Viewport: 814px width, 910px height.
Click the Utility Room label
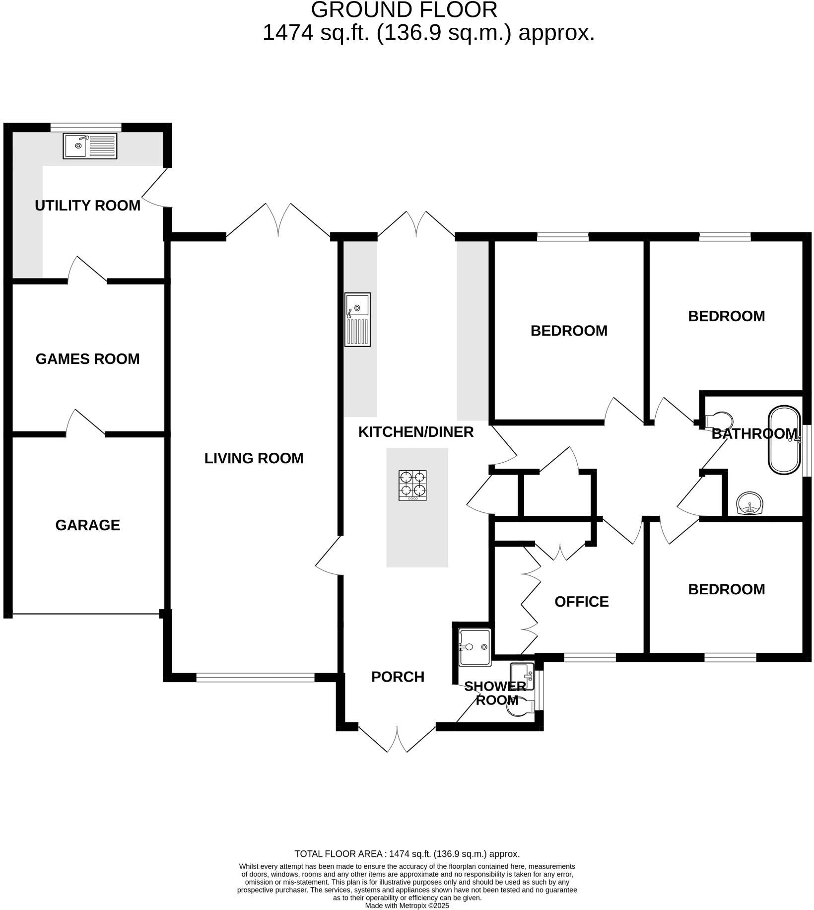87,206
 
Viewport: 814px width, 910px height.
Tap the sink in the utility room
90,146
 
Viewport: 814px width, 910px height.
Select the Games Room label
87,359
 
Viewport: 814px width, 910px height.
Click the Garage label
87,525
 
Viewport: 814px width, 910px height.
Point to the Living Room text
254,458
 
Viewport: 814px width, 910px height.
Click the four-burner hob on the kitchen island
412,485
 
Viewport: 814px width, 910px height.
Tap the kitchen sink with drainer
357,319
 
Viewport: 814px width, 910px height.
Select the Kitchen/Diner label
416,432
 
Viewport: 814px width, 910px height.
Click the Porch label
398,677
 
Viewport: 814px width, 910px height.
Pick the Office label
581,602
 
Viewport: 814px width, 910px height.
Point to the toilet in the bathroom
719,420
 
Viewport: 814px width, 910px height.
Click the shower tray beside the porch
475,647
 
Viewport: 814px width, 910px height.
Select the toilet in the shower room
519,710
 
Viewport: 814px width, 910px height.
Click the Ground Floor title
404,10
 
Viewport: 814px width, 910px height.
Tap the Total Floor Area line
407,854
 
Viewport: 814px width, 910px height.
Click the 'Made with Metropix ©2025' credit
407,906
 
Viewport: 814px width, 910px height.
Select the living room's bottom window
255,677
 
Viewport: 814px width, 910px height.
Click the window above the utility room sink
86,127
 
